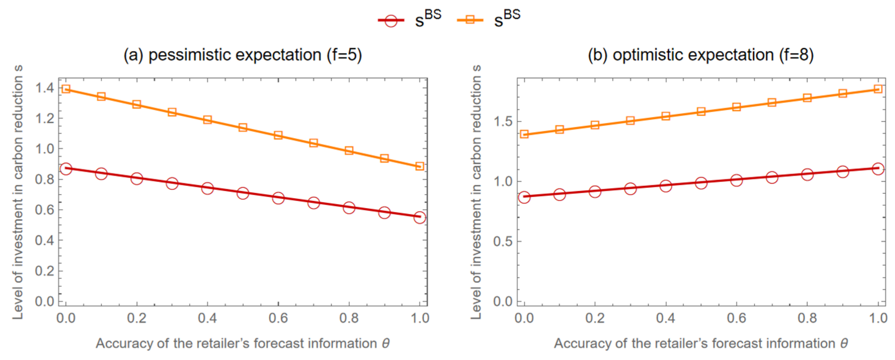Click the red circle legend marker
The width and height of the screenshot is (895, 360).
coord(391,21)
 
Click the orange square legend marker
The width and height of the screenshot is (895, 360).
coord(470,20)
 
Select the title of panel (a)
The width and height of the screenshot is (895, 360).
coord(243,55)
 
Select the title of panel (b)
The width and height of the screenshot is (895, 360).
coord(701,55)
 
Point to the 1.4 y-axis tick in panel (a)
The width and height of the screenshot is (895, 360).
coord(45,88)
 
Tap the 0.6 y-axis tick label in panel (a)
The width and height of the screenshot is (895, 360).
coord(45,209)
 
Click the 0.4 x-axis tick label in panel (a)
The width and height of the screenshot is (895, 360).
coord(207,318)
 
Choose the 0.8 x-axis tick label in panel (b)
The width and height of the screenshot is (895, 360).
coord(807,318)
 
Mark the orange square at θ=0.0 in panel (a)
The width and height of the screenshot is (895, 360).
coord(66,89)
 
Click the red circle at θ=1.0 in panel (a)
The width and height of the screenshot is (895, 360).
coord(420,218)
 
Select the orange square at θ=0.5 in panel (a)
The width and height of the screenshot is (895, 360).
coord(243,127)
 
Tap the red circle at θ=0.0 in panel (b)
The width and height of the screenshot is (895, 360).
coord(524,197)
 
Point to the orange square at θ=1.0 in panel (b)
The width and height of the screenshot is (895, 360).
coord(878,89)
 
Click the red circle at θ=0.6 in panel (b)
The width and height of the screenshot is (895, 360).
coord(737,180)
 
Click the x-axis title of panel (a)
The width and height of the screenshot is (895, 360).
coord(243,343)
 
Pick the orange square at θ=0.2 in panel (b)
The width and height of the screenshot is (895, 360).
coord(595,125)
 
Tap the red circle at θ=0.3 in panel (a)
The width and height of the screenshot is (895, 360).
coord(172,183)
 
